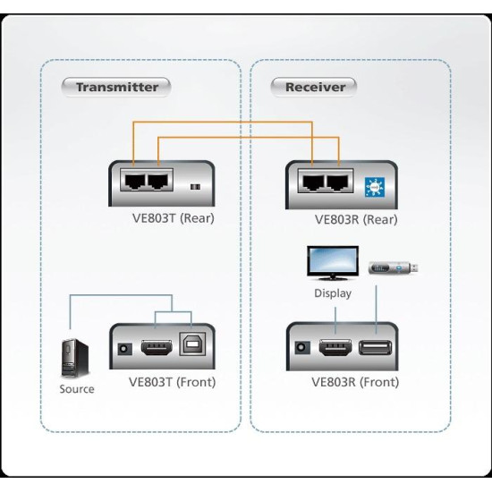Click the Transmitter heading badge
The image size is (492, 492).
116,87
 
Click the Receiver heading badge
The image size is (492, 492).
314,87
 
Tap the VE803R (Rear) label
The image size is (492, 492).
356,219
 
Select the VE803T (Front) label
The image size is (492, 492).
172,382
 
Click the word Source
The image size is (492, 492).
76,389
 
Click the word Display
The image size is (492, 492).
332,293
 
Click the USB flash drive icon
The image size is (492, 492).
393,267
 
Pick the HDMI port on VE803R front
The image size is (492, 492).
334,348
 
